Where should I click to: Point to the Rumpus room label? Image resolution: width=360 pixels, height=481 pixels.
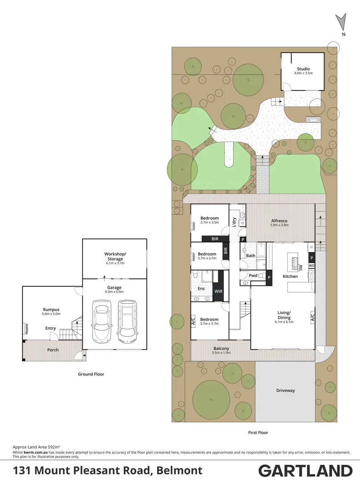pyautogui.click(x=51, y=310)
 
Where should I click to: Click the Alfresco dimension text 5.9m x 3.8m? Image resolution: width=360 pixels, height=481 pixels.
pyautogui.click(x=279, y=225)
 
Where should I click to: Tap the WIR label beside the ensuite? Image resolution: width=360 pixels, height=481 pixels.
pyautogui.click(x=218, y=291)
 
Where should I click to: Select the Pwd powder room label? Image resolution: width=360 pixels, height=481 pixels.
pyautogui.click(x=253, y=276)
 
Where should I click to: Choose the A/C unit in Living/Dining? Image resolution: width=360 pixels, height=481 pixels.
pyautogui.click(x=312, y=317)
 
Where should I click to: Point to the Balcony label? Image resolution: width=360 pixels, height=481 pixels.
pyautogui.click(x=221, y=348)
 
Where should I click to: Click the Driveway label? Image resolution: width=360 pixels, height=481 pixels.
pyautogui.click(x=285, y=391)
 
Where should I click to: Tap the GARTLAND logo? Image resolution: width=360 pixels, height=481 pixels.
pyautogui.click(x=305, y=470)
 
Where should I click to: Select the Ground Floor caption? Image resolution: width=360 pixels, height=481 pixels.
pyautogui.click(x=91, y=374)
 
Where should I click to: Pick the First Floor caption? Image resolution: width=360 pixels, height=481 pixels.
pyautogui.click(x=258, y=432)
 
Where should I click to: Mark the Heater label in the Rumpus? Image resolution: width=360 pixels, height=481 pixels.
pyautogui.click(x=26, y=329)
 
